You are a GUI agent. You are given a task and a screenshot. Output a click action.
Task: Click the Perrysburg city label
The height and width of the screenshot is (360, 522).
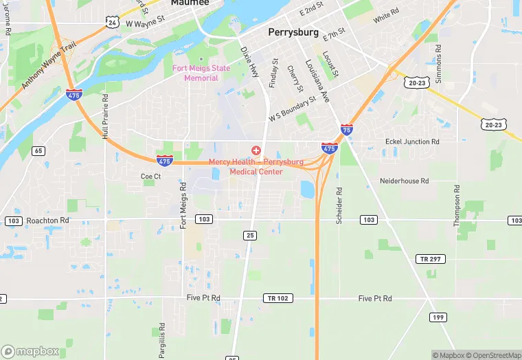293,32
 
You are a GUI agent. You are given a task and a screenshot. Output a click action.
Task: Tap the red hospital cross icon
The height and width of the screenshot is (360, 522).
256,150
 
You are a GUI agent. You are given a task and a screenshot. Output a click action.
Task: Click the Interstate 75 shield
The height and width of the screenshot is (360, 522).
347,128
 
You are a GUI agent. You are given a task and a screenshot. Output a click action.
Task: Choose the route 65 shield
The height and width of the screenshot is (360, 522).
38,150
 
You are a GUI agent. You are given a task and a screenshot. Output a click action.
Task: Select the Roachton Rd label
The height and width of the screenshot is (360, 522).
48,221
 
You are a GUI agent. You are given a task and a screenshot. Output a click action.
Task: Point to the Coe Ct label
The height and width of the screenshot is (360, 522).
150,177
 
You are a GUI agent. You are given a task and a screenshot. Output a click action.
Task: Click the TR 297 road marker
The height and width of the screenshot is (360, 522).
431,259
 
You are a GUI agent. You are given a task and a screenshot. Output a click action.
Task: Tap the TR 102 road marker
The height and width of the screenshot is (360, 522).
275,298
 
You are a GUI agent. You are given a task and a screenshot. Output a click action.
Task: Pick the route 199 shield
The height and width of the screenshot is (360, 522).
437,317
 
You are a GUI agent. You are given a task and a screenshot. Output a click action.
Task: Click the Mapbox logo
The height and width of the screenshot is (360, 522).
30,351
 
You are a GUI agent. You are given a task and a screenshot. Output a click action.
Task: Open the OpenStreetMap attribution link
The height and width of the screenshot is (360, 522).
495,355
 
